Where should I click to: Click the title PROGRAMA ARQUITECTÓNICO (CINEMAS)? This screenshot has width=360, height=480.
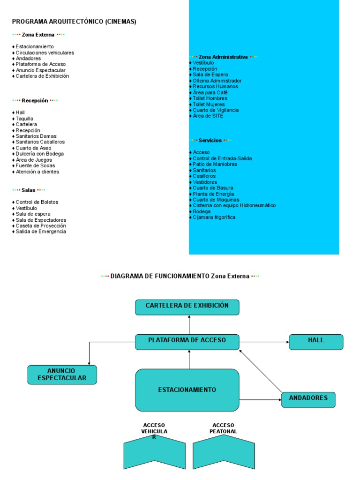(74, 22)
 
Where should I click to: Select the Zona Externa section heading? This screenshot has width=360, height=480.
(38, 35)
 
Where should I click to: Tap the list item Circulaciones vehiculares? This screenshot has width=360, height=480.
(45, 52)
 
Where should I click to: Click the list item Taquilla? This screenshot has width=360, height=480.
(24, 119)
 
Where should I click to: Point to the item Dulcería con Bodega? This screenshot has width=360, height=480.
(40, 154)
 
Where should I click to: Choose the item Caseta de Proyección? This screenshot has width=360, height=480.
(41, 225)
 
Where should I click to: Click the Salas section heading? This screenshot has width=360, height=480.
(29, 190)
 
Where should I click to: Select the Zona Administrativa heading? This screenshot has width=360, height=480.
(223, 57)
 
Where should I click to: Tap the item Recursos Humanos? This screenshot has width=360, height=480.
(215, 86)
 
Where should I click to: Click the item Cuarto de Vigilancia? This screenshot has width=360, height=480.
(216, 110)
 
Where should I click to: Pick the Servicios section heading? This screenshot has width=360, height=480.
(210, 141)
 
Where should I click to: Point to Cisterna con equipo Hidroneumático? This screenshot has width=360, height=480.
(234, 205)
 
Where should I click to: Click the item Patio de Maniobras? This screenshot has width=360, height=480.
(215, 164)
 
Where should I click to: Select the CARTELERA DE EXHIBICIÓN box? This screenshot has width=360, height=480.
(187, 307)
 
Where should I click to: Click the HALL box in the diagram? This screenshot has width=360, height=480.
(316, 342)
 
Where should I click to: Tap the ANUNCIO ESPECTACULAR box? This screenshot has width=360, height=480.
(62, 375)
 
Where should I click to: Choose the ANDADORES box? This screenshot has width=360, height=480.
(308, 399)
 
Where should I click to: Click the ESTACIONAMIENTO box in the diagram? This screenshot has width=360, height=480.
(187, 390)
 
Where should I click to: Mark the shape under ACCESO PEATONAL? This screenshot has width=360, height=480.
(224, 452)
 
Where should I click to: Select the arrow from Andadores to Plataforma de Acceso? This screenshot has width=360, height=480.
(261, 371)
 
